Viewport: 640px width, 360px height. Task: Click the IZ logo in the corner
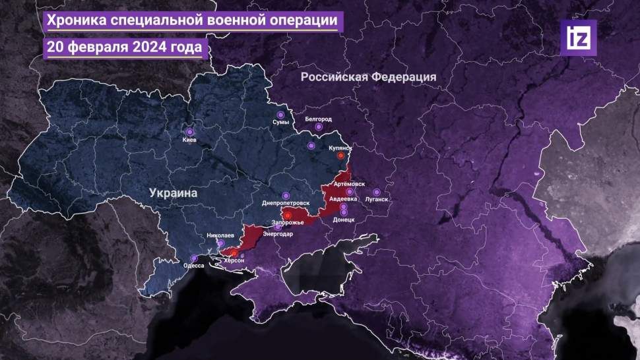click(x=578, y=38)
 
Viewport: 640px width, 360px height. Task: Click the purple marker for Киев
click(x=190, y=132)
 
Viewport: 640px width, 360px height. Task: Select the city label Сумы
click(x=280, y=123)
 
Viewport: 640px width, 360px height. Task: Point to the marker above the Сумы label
click(x=280, y=115)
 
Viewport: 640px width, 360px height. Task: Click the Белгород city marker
click(x=319, y=127)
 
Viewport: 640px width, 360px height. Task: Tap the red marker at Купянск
click(x=340, y=156)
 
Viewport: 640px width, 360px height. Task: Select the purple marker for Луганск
click(x=377, y=192)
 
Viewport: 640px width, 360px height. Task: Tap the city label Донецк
click(x=344, y=219)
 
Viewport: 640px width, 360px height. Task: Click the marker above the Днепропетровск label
click(x=286, y=195)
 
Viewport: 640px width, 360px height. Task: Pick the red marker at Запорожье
click(x=288, y=215)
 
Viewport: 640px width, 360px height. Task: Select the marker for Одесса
click(x=193, y=258)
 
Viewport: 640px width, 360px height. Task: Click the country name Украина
click(x=174, y=194)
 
